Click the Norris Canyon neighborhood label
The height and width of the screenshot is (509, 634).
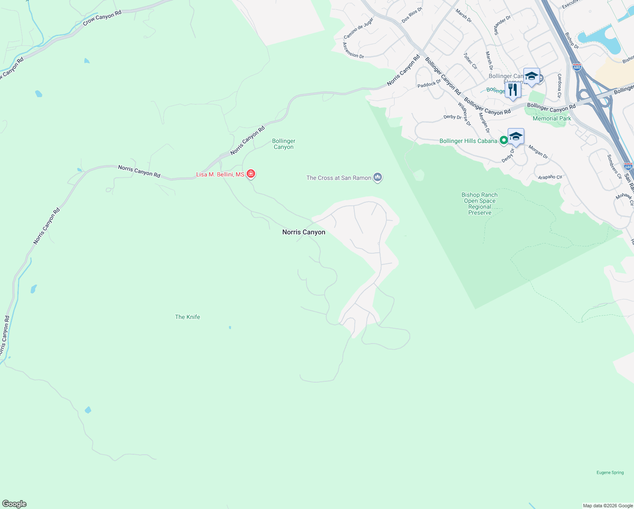(x=303, y=232)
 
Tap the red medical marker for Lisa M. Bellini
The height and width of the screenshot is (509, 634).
(x=251, y=174)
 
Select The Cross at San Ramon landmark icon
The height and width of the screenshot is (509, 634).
(x=378, y=178)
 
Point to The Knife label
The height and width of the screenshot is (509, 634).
(x=187, y=317)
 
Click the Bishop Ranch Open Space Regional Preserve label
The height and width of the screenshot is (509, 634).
(x=480, y=204)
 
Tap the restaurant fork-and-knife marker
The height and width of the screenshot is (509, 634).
(x=513, y=90)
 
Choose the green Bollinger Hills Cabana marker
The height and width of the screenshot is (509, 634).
(x=503, y=140)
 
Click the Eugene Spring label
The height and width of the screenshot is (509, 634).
(x=610, y=473)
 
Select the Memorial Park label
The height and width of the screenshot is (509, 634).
(x=552, y=118)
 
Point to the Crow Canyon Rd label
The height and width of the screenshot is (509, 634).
(x=102, y=18)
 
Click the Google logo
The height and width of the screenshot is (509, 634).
(x=14, y=504)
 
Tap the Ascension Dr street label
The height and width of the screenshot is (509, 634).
(x=353, y=50)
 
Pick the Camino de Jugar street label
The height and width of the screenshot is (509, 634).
(x=359, y=28)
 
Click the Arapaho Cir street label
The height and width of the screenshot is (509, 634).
(x=550, y=177)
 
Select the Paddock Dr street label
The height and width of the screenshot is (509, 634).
(x=429, y=84)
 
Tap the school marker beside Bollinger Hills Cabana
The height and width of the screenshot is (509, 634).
(x=516, y=137)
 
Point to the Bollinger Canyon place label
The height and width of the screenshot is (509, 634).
(x=284, y=144)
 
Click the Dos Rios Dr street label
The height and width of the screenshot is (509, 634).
(x=412, y=15)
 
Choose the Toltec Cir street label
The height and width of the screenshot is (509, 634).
(x=470, y=61)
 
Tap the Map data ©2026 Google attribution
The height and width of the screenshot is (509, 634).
(x=608, y=506)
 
